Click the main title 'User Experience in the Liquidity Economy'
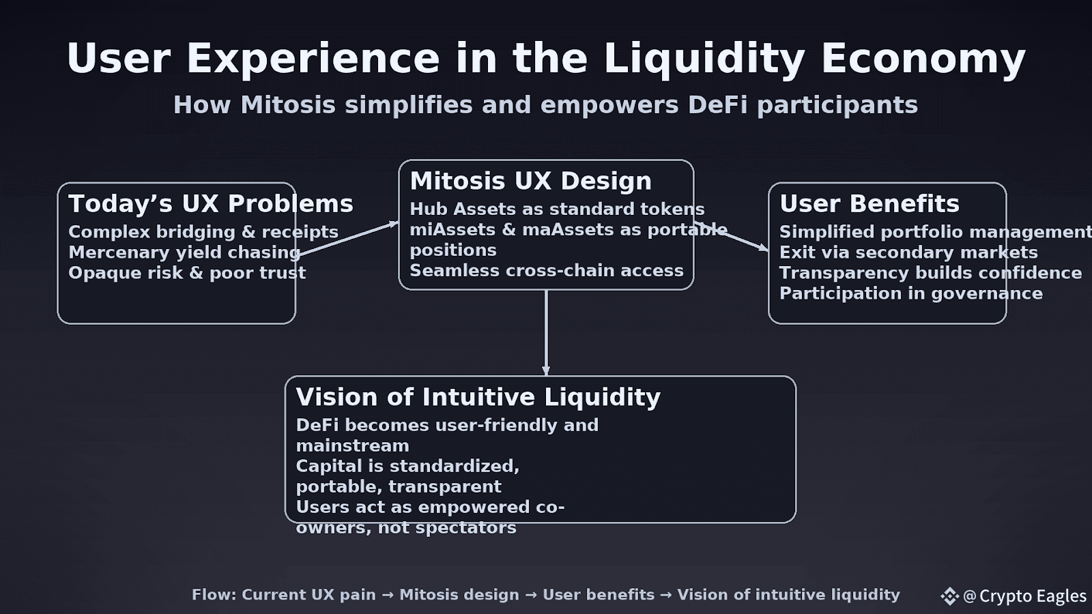click(x=546, y=58)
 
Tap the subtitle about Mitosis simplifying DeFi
click(x=545, y=105)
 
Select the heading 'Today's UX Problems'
click(x=210, y=204)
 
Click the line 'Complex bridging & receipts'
click(x=203, y=232)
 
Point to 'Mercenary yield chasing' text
click(x=184, y=252)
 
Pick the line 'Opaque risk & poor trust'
click(x=187, y=273)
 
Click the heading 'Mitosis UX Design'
click(x=530, y=181)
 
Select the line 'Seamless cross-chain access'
click(x=546, y=271)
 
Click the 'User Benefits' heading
click(x=869, y=204)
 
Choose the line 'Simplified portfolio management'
click(x=935, y=232)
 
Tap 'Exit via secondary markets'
click(x=908, y=252)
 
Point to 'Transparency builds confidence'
click(x=930, y=273)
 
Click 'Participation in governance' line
click(x=910, y=293)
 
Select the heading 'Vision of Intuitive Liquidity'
click(x=478, y=397)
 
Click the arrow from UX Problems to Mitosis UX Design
click(x=348, y=239)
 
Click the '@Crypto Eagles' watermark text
click(x=1024, y=596)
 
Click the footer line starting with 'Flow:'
click(x=545, y=595)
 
